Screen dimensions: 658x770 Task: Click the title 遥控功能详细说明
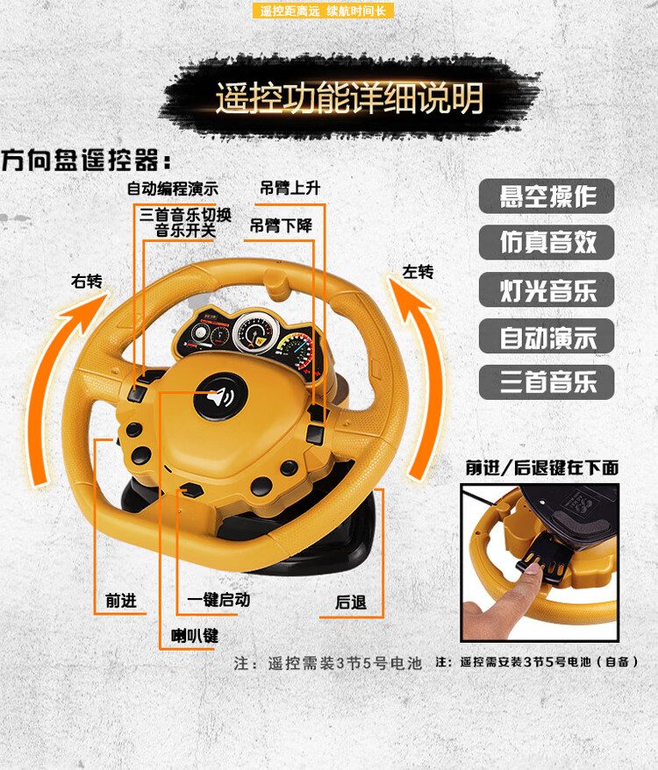click(349, 97)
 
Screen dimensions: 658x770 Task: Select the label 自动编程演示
click(173, 189)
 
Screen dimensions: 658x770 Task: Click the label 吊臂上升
click(290, 188)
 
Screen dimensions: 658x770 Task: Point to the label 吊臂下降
click(281, 226)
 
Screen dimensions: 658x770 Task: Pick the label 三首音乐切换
click(185, 215)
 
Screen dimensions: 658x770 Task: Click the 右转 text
click(87, 282)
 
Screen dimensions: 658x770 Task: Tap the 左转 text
click(418, 272)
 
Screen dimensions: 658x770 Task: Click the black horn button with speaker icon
click(220, 396)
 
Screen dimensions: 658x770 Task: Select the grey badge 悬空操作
click(547, 196)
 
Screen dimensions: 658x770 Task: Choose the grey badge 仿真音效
click(547, 242)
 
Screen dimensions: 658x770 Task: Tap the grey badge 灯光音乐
click(547, 289)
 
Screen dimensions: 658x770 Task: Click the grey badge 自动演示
click(547, 336)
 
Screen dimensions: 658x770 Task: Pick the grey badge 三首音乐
click(547, 382)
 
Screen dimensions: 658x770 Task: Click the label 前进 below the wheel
click(121, 601)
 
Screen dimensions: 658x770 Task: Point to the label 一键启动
click(218, 600)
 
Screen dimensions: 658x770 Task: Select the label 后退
click(351, 602)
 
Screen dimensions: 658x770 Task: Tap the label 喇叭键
click(195, 636)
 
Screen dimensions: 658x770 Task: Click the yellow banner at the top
click(324, 11)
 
